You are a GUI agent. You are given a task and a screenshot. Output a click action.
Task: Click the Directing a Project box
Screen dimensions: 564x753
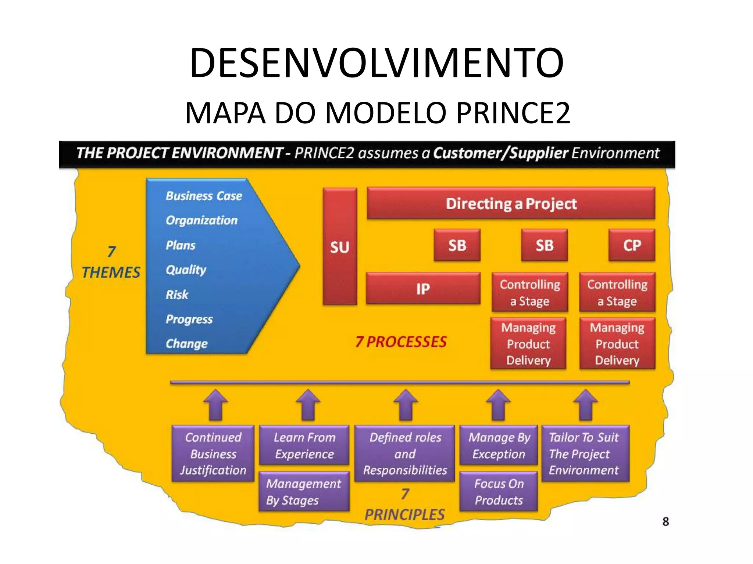coord(511,204)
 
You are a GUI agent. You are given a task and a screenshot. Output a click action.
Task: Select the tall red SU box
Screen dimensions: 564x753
coord(340,246)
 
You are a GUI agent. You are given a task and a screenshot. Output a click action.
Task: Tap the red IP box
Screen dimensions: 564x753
coord(423,289)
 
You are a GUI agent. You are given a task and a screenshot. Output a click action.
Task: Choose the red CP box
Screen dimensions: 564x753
coord(632,245)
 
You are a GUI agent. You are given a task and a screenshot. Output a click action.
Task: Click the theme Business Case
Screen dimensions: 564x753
coord(204,196)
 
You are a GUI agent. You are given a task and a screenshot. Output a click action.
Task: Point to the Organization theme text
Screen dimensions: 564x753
coord(201,220)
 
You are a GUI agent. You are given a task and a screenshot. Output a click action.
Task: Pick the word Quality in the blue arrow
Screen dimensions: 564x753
coord(186,270)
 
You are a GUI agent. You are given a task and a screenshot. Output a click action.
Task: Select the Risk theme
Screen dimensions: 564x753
coord(177,294)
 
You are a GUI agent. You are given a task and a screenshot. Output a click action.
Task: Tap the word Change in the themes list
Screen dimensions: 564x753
coord(186,344)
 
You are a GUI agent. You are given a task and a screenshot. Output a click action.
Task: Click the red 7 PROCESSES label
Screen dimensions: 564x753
coord(401,342)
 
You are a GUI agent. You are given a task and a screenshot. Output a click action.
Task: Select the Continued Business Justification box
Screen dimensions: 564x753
coord(213,453)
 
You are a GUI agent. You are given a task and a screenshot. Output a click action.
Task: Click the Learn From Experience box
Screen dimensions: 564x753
coord(304,445)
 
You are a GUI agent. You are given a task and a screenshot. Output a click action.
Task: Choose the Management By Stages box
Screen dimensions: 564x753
coord(304,492)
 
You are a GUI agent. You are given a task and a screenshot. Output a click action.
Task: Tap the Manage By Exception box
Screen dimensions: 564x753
coord(499,445)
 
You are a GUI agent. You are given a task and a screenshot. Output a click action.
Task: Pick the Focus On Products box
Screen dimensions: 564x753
coord(499,492)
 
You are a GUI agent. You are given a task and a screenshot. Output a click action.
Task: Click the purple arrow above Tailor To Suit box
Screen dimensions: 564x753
coord(585,405)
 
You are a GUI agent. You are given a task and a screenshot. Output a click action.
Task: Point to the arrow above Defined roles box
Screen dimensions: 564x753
coord(406,405)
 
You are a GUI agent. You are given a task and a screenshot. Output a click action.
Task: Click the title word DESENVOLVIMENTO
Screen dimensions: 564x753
coord(376,63)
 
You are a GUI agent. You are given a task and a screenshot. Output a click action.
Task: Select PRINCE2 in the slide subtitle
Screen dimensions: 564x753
coord(513,113)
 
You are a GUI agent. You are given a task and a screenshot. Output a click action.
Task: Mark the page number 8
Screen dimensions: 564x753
coord(665,521)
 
